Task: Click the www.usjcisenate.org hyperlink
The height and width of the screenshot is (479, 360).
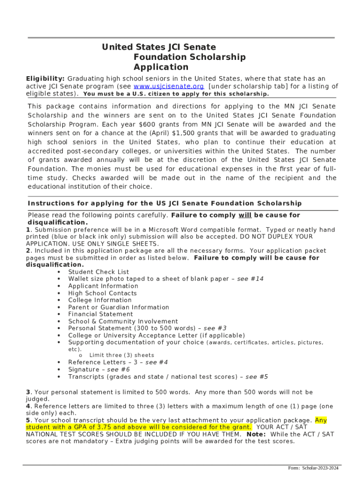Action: [x=169, y=87]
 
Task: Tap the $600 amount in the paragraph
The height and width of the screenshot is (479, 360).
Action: [x=148, y=124]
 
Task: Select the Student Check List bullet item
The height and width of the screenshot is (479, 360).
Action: [x=99, y=272]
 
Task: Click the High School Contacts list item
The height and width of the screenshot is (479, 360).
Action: [x=102, y=293]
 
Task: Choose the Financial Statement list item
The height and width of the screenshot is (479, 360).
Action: [x=101, y=314]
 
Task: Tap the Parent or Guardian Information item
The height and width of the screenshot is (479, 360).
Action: [x=119, y=307]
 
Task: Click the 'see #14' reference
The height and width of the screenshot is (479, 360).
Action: [x=250, y=279]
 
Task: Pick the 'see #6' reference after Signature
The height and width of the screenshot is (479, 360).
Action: [x=118, y=370]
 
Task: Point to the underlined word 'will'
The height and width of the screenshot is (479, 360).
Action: [x=245, y=216]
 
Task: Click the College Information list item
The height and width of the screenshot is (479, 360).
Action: [x=100, y=300]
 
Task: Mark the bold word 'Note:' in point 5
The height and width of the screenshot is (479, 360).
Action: [x=256, y=434]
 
